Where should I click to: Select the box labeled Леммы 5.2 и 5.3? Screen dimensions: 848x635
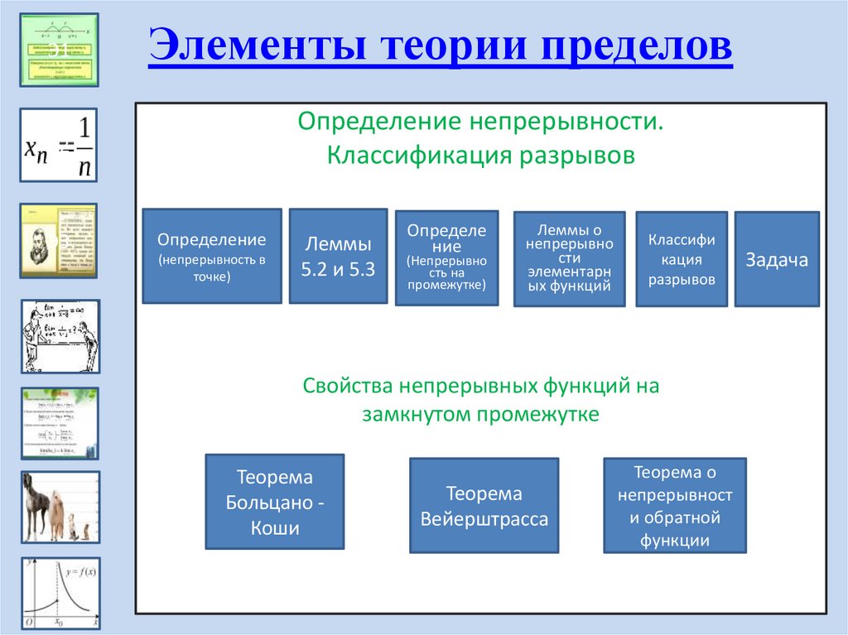pos(338,256)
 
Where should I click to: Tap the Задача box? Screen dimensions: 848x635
pos(776,259)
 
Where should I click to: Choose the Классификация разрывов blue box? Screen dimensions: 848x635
pos(682,259)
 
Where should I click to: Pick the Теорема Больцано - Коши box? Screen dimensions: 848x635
pos(274,502)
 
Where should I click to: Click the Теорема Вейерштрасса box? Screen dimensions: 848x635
pos(484,507)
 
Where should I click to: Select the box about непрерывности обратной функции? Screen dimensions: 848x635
pos(674,506)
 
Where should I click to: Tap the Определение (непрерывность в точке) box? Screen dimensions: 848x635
pos(213,256)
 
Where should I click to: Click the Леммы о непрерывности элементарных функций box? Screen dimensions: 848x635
pos(569,259)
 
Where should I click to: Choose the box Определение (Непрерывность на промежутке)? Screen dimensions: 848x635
pos(446,257)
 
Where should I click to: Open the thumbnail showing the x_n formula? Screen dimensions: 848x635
pos(59,145)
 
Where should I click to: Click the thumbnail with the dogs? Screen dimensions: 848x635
pos(59,507)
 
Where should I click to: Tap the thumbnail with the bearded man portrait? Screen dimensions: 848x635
pos(59,240)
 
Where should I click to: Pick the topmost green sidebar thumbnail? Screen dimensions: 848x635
pos(59,50)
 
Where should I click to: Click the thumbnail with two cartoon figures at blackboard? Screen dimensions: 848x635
pos(59,336)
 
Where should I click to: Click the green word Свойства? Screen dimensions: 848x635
pos(347,386)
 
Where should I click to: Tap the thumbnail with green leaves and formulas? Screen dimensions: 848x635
pos(59,423)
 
